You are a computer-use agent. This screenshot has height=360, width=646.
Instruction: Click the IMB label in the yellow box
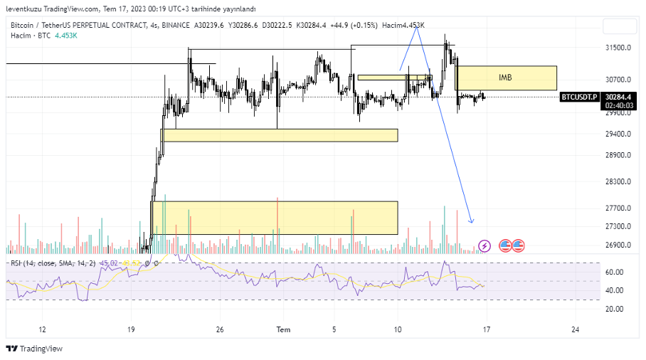pos(505,78)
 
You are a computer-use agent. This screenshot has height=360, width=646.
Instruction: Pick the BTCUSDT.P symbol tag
pos(579,96)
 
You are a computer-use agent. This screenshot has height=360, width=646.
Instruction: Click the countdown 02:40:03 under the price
pos(618,105)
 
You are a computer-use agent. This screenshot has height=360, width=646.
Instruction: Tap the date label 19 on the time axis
pos(131,329)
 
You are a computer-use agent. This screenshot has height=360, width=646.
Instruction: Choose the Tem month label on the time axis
pos(283,329)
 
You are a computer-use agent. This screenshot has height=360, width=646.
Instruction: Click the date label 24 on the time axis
pos(575,329)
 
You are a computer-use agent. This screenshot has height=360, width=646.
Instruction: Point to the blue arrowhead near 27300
pos(471,221)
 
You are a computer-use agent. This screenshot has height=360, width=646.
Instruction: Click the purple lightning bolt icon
pos(485,245)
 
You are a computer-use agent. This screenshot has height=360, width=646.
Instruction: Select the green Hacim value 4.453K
pos(66,35)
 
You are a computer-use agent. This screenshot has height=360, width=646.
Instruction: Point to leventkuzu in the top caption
pos(23,9)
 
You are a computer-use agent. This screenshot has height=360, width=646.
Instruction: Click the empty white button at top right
pos(619,26)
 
